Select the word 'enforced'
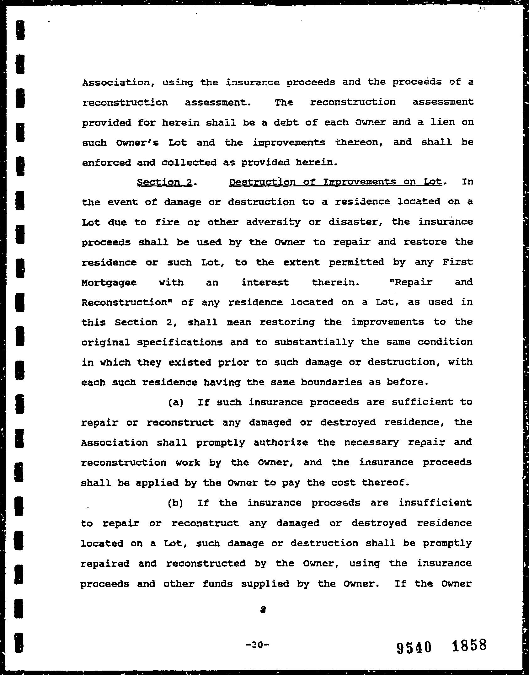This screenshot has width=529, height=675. (x=106, y=163)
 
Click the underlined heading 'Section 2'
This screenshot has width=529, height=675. (x=164, y=183)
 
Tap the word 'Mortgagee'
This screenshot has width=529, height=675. (x=109, y=283)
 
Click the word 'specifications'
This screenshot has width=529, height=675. (x=180, y=342)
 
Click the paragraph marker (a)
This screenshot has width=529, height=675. (x=176, y=403)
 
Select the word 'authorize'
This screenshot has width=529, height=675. (x=281, y=442)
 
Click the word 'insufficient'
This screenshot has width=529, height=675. (x=435, y=503)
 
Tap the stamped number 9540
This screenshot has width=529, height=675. (x=414, y=647)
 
